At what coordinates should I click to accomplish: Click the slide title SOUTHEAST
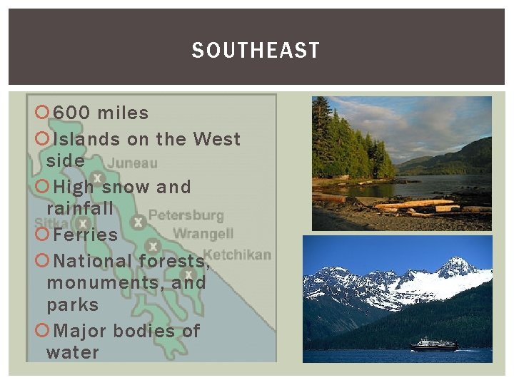pyautogui.click(x=256, y=51)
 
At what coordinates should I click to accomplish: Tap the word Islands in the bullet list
pyautogui.click(x=86, y=139)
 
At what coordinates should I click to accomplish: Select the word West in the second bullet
pyautogui.click(x=217, y=139)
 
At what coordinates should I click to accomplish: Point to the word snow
pyautogui.click(x=126, y=188)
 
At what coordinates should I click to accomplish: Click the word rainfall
pyautogui.click(x=80, y=209)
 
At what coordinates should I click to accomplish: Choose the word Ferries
pyautogui.click(x=85, y=235)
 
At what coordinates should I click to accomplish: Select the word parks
pyautogui.click(x=73, y=304)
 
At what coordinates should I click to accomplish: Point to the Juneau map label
pyautogui.click(x=133, y=163)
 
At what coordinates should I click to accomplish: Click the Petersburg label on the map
pyautogui.click(x=186, y=215)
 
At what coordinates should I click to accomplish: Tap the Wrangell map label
pyautogui.click(x=203, y=234)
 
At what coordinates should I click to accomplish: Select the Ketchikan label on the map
pyautogui.click(x=238, y=255)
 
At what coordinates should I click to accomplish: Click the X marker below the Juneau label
pyautogui.click(x=98, y=178)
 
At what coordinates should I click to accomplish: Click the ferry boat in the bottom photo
pyautogui.click(x=433, y=344)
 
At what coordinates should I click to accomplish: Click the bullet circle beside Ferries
pyautogui.click(x=41, y=235)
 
